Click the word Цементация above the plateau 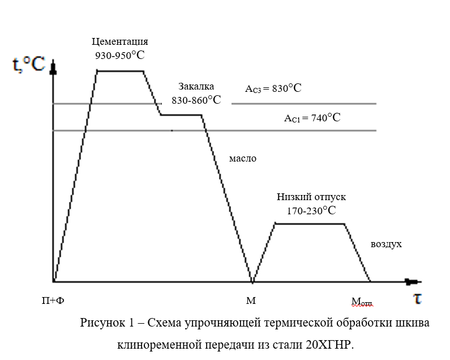tap(120, 42)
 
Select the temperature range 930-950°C tap(121, 55)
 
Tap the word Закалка tap(196, 86)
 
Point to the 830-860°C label tap(196, 100)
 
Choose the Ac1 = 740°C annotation tap(312, 118)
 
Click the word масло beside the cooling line tap(242, 159)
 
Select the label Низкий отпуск tap(311, 197)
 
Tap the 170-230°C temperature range tap(311, 210)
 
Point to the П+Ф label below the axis tap(53, 300)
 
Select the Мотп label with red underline tap(362, 302)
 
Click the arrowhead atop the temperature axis tap(53, 70)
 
